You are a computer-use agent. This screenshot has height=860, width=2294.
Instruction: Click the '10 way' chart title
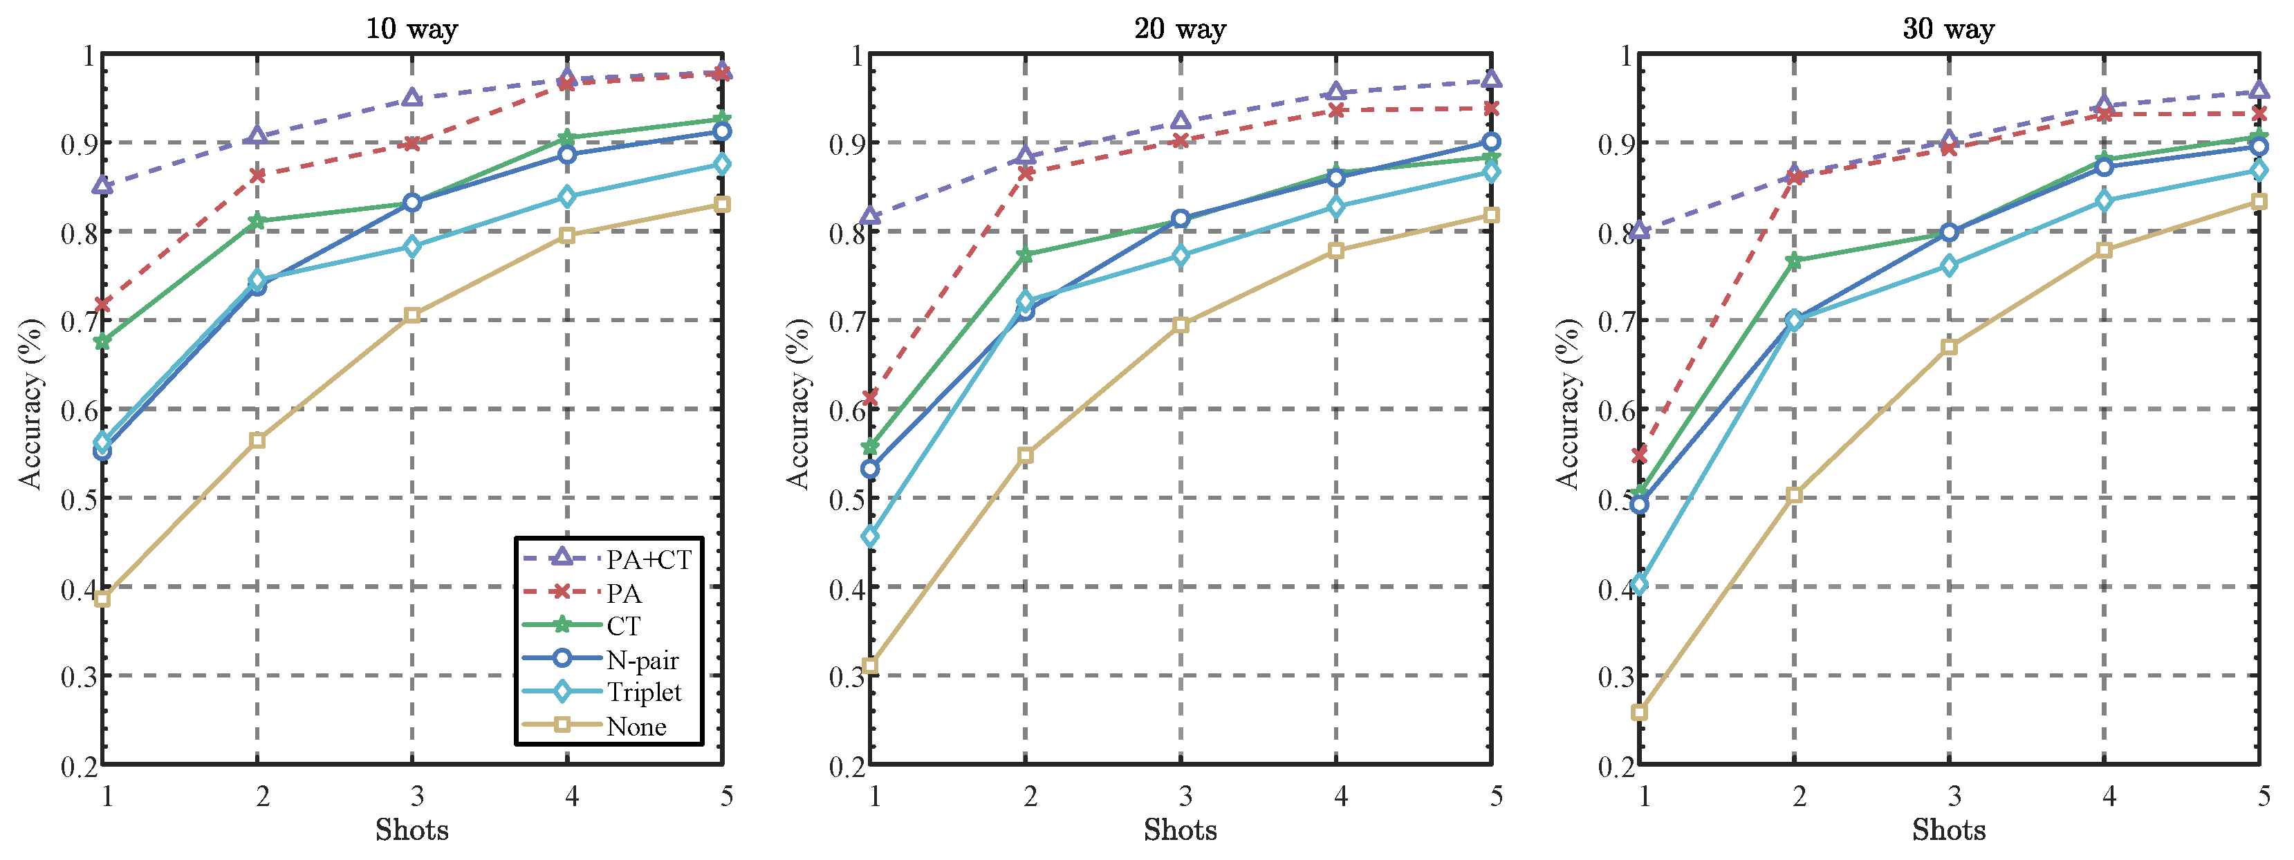411,28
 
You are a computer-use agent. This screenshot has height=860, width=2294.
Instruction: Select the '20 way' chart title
1180,28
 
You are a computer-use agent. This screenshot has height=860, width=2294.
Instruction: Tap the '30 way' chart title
1948,28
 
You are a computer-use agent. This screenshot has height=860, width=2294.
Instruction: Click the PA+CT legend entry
648,560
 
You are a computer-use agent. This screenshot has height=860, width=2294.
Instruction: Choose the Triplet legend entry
643,693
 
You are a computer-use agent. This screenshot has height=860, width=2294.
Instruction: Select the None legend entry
636,727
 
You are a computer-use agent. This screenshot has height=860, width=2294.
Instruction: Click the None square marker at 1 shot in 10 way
102,598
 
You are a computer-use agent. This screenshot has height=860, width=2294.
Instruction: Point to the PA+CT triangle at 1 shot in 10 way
102,185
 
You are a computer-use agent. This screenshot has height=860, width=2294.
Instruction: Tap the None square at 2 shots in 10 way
257,440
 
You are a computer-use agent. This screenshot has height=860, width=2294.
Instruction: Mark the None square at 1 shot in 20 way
871,666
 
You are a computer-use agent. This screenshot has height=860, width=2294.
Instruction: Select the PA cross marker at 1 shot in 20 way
871,397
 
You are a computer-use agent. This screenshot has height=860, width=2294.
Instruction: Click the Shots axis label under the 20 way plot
1180,830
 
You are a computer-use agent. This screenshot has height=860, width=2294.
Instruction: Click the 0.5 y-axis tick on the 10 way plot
78,498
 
